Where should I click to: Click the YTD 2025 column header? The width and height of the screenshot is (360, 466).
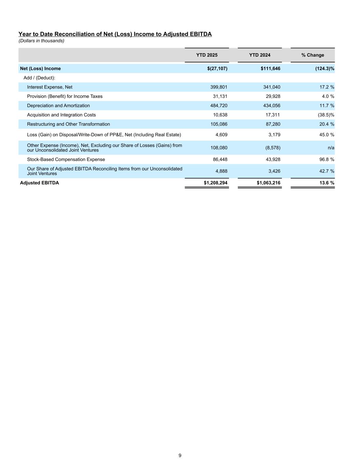pos(207,55)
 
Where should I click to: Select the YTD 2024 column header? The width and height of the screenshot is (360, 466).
pos(260,55)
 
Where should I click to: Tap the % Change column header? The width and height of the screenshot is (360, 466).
pos(313,55)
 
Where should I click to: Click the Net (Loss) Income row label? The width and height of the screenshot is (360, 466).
pos(40,69)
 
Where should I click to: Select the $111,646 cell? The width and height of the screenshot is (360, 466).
pos(270,69)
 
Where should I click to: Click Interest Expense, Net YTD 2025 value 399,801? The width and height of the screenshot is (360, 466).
pos(219,87)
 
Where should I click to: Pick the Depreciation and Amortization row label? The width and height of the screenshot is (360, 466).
pos(58,106)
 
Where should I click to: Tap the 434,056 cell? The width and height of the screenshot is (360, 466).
pos(272,106)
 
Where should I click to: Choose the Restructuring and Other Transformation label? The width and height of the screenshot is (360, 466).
pos(68,124)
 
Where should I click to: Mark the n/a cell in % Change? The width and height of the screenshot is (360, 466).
pos(330,148)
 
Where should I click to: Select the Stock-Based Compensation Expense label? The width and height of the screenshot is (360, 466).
pos(66,159)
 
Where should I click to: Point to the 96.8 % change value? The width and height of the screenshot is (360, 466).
pos(327,159)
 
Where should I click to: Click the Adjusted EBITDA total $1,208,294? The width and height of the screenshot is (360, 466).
pos(216,183)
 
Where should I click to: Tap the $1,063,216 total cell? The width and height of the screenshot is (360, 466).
pos(269,183)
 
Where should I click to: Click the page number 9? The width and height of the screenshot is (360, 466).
pos(180,455)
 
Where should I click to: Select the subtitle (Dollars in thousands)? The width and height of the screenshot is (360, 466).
pos(41,41)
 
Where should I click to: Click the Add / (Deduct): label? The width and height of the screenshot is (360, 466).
pos(39,78)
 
